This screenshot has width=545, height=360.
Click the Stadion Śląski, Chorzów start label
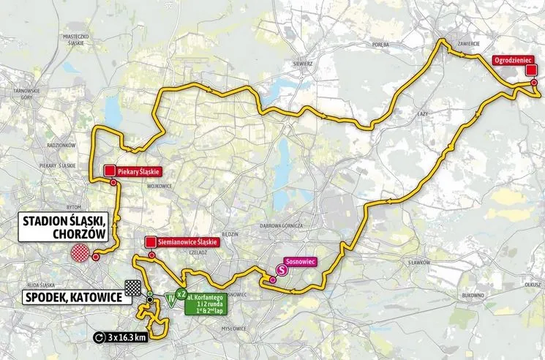61,227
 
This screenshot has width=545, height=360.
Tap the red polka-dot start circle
80,253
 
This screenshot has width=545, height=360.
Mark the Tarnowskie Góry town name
15,94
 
